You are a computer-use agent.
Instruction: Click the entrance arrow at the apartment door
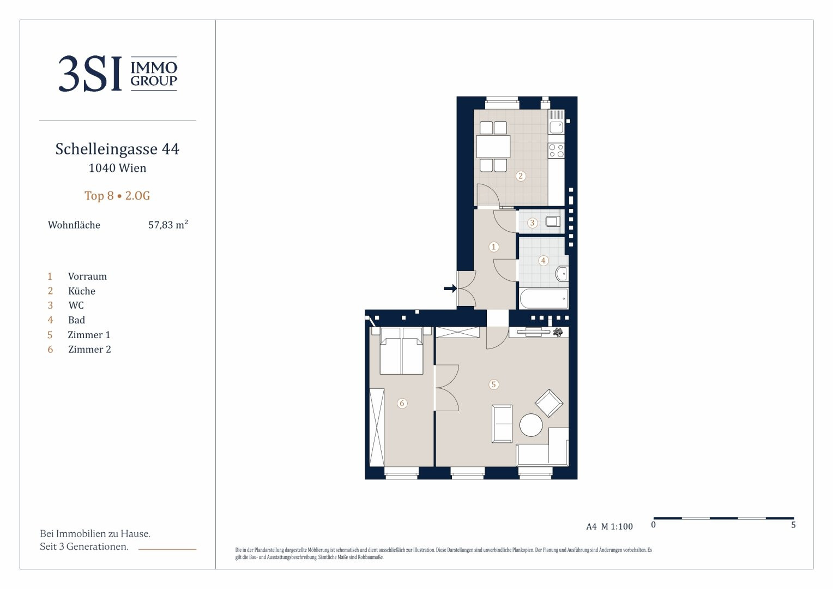pyautogui.click(x=450, y=289)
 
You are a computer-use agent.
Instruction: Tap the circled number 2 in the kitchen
pyautogui.click(x=521, y=176)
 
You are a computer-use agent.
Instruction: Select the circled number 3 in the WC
pyautogui.click(x=532, y=223)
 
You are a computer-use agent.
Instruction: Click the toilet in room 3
pyautogui.click(x=553, y=222)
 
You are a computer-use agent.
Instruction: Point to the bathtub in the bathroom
pyautogui.click(x=544, y=298)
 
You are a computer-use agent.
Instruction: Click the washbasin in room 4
pyautogui.click(x=562, y=274)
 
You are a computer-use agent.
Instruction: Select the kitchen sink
pyautogui.click(x=556, y=128)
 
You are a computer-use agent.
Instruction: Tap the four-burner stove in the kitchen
pyautogui.click(x=556, y=151)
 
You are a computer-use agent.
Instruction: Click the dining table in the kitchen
pyautogui.click(x=493, y=146)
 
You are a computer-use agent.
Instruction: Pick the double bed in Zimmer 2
pyautogui.click(x=402, y=351)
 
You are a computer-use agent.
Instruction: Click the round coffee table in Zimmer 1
pyautogui.click(x=531, y=425)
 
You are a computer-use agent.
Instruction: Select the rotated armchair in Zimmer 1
pyautogui.click(x=549, y=403)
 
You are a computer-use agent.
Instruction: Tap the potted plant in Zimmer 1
pyautogui.click(x=558, y=332)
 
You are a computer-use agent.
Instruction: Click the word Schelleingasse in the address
pyautogui.click(x=106, y=149)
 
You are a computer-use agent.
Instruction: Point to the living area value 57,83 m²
pyautogui.click(x=168, y=224)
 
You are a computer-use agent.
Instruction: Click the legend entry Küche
pyautogui.click(x=82, y=291)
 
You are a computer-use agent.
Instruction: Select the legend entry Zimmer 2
pyautogui.click(x=89, y=350)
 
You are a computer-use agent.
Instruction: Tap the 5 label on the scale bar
pyautogui.click(x=793, y=525)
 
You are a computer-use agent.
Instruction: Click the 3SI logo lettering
pyautogui.click(x=90, y=74)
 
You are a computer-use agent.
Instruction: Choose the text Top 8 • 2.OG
pyautogui.click(x=117, y=196)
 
